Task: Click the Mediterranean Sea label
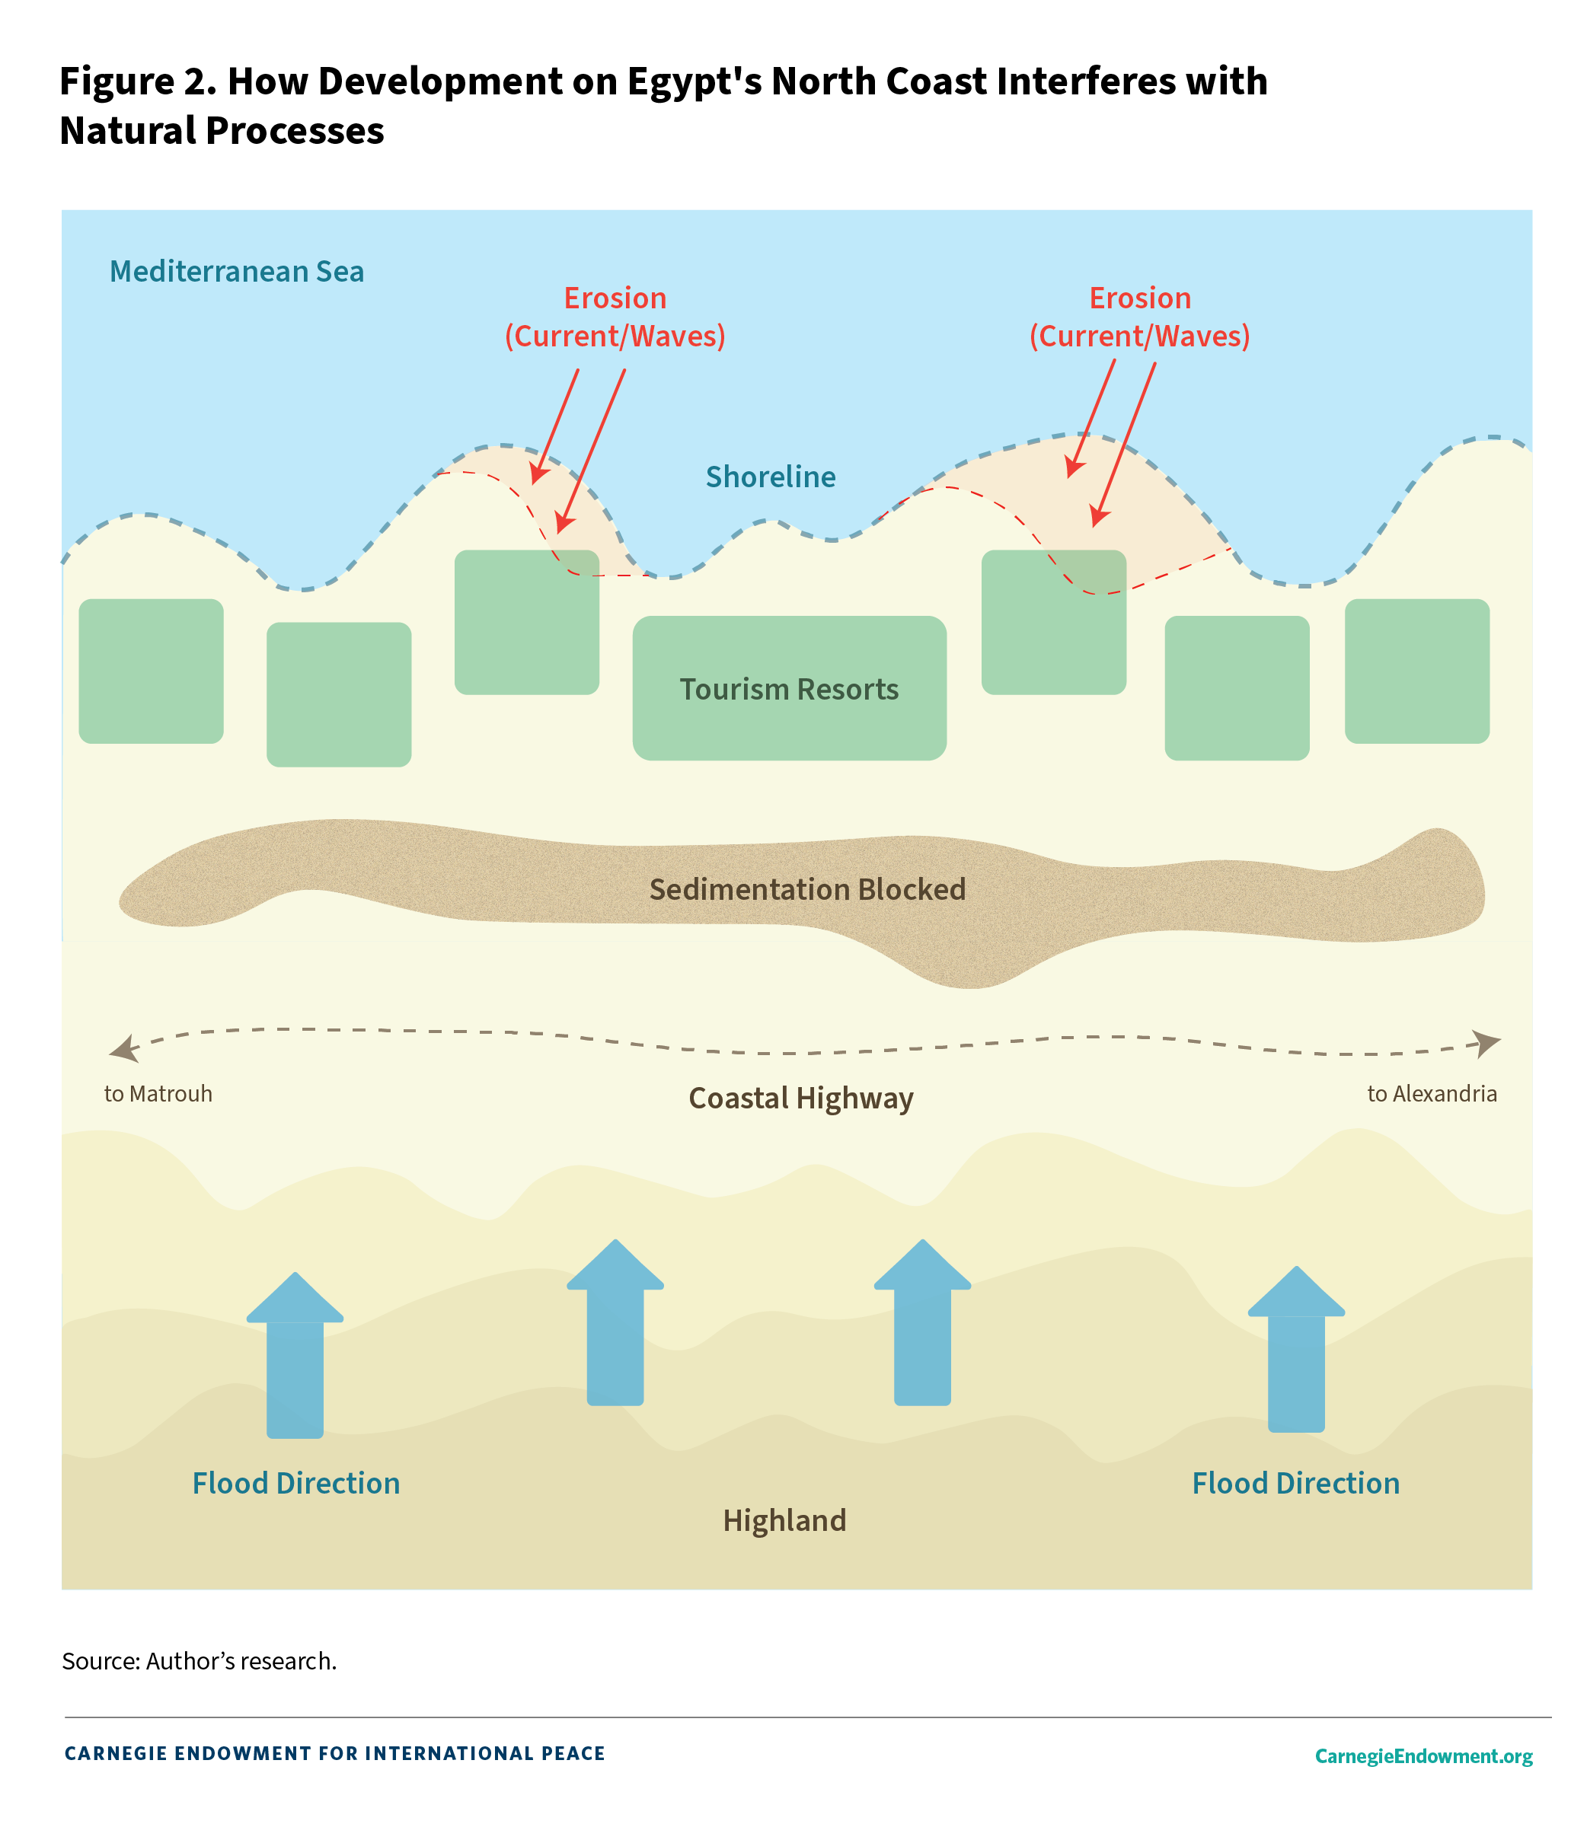pos(237,271)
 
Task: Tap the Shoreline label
pos(771,477)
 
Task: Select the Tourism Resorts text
pos(789,689)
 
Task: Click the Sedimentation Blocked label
pos(806,889)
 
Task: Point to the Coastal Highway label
pos(800,1098)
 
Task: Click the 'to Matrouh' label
pos(158,1093)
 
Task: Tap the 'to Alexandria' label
pos(1432,1093)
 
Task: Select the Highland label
pos(784,1520)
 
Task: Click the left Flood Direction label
pos(295,1483)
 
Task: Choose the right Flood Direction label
pos(1295,1483)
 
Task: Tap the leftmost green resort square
pos(152,671)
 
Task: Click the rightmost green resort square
pos(1417,671)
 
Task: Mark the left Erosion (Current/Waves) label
pos(615,317)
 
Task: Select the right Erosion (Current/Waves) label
pos(1140,317)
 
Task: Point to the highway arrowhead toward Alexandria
pos(1487,1043)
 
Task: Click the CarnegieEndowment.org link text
pos(1423,1755)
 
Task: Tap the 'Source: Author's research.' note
pos(200,1660)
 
